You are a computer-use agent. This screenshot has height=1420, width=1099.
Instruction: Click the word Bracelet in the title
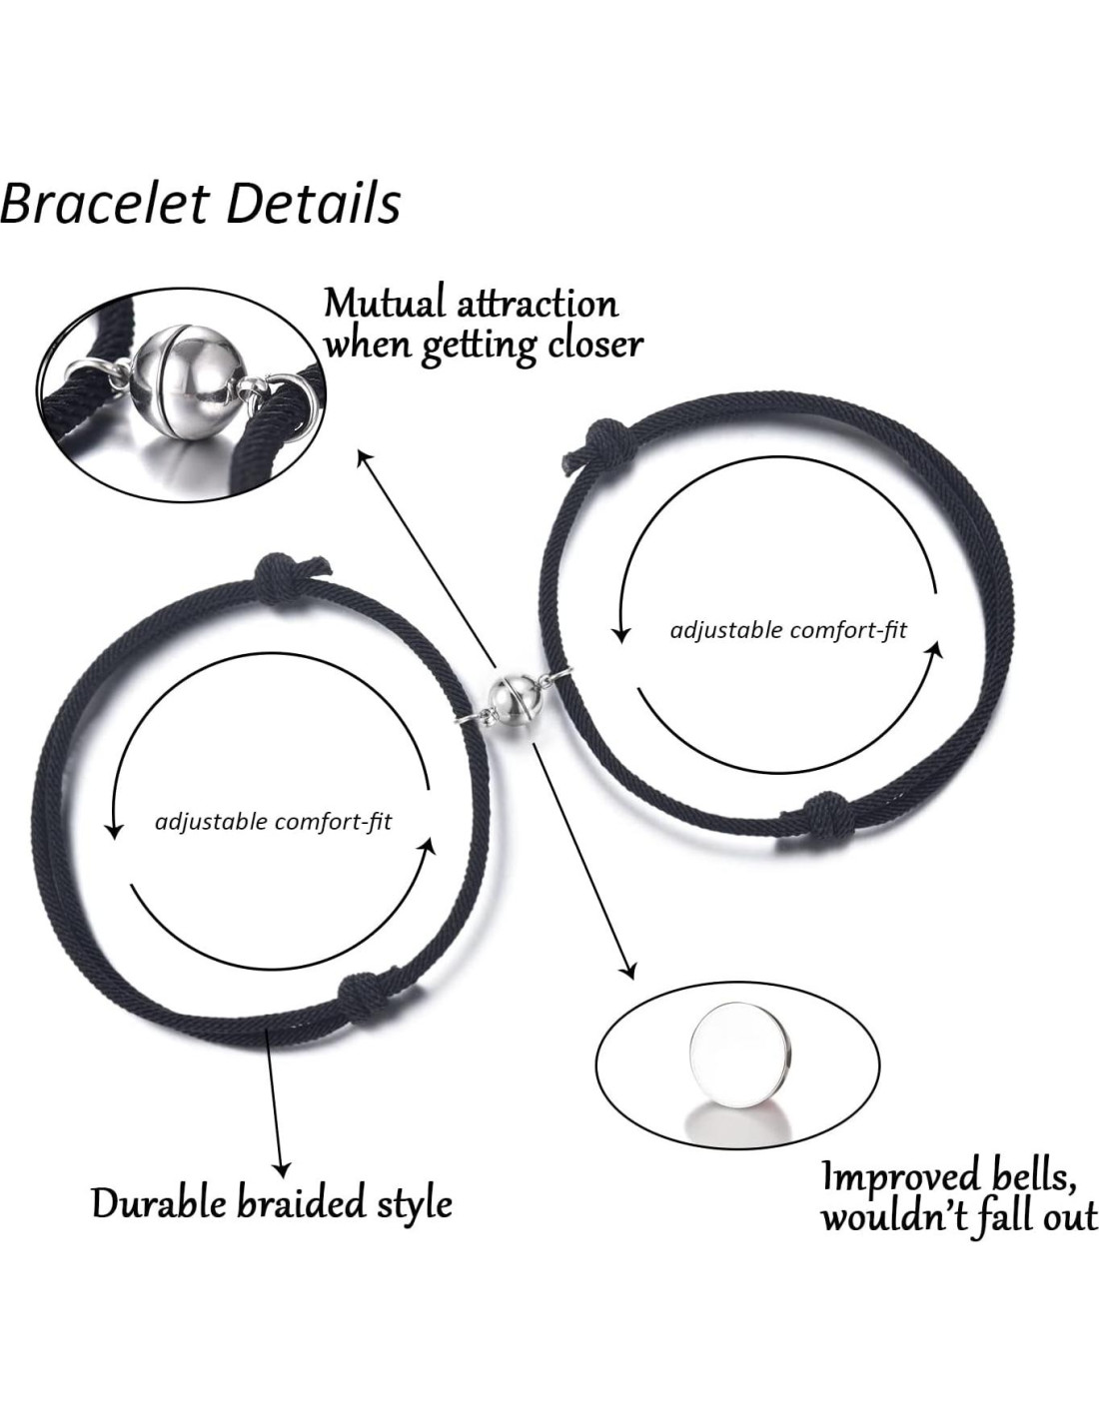105,203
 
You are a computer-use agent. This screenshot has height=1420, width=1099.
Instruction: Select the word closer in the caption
594,345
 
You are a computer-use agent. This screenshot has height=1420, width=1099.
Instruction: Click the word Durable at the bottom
159,1202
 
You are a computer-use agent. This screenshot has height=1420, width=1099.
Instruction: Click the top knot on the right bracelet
585,438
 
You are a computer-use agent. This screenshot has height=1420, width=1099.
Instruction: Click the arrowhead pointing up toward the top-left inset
366,457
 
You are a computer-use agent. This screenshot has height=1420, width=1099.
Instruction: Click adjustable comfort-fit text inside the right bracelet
788,631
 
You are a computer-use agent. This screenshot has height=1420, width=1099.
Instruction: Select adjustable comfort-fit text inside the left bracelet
274,822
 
